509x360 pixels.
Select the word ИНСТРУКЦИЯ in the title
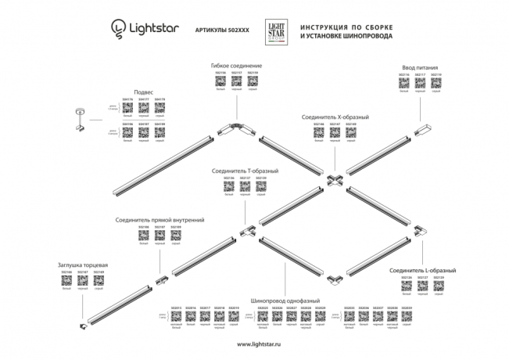coord(327,25)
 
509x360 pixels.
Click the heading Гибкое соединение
coord(236,65)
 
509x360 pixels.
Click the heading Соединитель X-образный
coord(335,117)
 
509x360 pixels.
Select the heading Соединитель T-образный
coord(245,170)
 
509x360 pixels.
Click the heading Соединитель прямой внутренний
coord(160,221)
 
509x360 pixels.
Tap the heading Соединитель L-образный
coord(423,270)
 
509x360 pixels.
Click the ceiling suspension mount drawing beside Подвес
coord(78,117)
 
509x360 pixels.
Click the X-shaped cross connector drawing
coord(334,182)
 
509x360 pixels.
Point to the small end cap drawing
coord(84,324)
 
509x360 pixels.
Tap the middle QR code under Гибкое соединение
coord(236,80)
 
